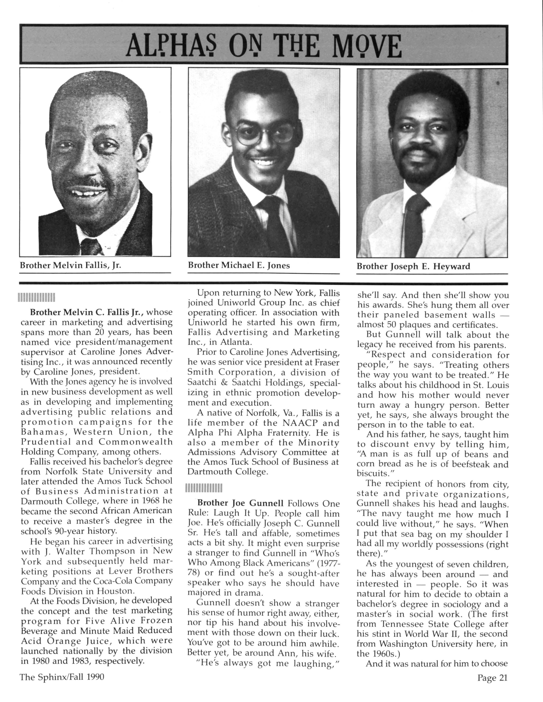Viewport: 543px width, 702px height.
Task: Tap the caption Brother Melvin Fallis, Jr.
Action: [x=70, y=266]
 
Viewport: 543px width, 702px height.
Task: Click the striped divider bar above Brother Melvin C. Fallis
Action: [x=37, y=298]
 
